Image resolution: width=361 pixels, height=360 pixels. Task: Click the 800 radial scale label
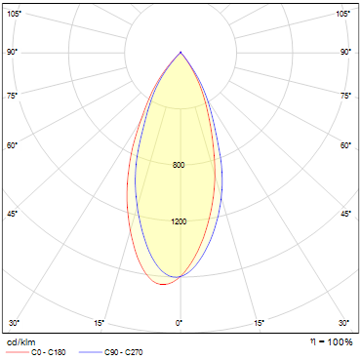(179, 165)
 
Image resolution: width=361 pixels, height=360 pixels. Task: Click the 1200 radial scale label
(179, 221)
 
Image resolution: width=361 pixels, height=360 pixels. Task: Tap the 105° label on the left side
(14, 14)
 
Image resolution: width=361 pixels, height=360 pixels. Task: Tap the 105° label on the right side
(343, 14)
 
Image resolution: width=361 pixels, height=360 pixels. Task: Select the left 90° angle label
(12, 52)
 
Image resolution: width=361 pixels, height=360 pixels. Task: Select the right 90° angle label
(345, 52)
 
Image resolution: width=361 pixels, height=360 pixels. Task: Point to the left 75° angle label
(12, 96)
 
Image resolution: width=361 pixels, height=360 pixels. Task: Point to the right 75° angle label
(345, 96)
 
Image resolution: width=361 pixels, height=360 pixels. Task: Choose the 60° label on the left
(12, 145)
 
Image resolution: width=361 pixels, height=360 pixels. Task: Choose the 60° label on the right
(345, 145)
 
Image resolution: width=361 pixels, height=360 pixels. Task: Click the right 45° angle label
(345, 214)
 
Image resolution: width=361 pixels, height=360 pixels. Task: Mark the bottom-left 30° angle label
(14, 323)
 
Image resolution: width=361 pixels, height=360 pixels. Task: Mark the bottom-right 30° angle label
(343, 323)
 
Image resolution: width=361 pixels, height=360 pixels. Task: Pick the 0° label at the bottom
(180, 323)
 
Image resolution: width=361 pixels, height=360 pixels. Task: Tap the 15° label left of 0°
(100, 323)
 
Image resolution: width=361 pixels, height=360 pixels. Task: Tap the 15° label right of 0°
(259, 323)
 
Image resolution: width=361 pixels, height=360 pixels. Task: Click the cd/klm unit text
(20, 342)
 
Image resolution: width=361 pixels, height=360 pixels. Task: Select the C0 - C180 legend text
(49, 352)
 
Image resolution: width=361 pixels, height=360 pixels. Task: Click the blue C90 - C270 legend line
(91, 352)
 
